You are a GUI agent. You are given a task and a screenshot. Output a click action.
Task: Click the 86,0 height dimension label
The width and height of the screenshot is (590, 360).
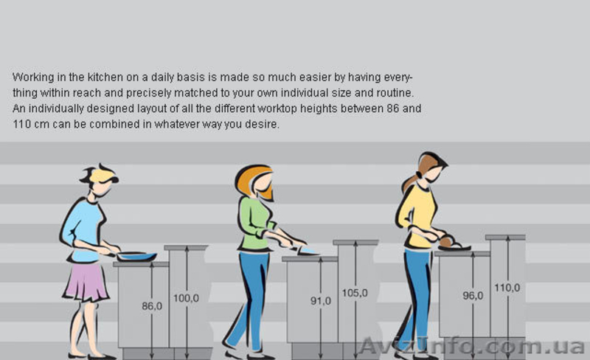[152, 306]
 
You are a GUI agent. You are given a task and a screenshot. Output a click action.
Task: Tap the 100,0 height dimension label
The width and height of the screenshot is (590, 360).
[187, 298]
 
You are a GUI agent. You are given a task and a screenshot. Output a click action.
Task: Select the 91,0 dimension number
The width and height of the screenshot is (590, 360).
[321, 301]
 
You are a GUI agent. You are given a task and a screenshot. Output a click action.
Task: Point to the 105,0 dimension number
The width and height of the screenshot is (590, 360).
[355, 293]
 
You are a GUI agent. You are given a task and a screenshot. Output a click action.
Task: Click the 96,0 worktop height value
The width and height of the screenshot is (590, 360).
[473, 296]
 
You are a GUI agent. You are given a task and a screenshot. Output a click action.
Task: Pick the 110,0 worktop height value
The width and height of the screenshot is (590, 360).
[507, 288]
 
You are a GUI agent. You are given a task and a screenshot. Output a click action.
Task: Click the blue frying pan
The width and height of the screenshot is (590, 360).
[136, 257]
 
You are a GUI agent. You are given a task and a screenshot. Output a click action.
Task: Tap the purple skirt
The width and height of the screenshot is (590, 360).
[86, 282]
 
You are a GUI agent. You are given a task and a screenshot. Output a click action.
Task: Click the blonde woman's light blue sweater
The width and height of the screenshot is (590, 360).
[83, 229]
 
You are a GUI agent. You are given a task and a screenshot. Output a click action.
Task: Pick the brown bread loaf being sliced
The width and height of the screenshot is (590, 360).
[447, 242]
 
